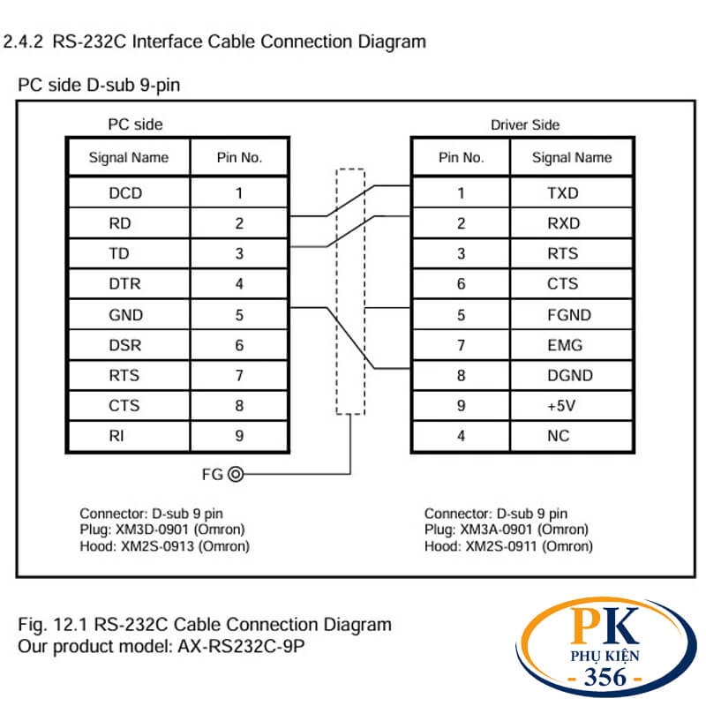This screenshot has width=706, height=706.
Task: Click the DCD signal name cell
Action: point(125,193)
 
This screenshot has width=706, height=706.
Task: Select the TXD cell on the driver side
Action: point(563,193)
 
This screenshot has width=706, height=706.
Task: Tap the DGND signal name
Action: point(569,376)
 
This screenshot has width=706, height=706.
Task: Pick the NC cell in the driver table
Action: point(559,436)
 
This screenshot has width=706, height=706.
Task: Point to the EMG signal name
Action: point(565,345)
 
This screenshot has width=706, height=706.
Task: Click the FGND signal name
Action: point(569,315)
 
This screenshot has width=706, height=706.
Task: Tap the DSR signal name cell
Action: point(125,345)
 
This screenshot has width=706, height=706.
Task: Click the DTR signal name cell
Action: point(124,284)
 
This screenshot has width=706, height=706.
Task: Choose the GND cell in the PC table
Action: point(125,315)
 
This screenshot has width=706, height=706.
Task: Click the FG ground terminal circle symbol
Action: point(235,474)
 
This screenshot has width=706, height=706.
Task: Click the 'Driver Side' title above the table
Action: point(525,125)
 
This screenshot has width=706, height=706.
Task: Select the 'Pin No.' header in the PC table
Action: point(239,159)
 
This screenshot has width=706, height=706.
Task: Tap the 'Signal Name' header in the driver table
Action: point(571,159)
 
